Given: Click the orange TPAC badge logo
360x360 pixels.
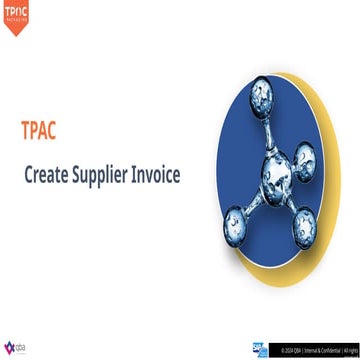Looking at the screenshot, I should tap(16, 16).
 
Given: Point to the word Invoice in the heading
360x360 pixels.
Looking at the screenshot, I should tap(169, 174).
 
